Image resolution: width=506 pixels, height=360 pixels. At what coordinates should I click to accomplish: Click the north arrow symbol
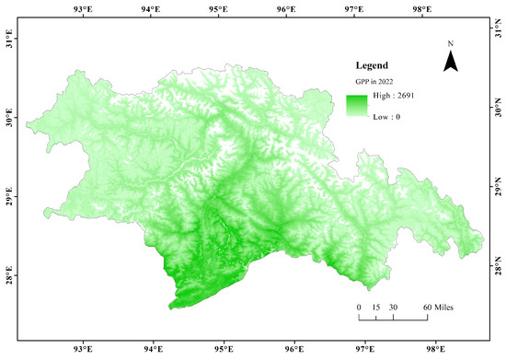[x=451, y=62]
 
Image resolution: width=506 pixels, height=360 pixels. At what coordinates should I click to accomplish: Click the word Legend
[x=373, y=66]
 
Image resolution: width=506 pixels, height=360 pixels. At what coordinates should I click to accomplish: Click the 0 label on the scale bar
[x=359, y=306]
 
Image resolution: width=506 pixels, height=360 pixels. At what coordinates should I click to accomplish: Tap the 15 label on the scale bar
[x=375, y=306]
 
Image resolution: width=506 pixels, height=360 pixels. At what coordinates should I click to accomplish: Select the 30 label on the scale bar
[x=393, y=306]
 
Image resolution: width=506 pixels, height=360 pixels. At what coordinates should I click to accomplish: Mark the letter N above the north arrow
[x=451, y=43]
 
